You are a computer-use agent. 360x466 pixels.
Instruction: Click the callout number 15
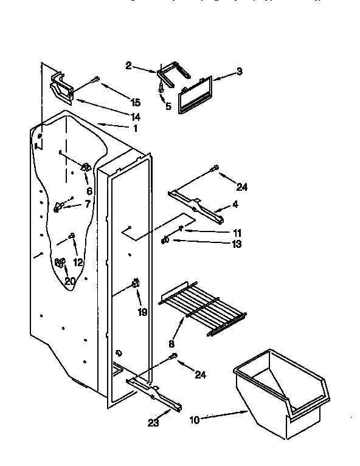tap(135, 103)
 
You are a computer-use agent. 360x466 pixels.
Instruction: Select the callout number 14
tap(135, 116)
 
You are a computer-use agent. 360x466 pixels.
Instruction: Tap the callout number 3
tap(240, 72)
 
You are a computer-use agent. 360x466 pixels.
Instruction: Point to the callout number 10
tap(195, 419)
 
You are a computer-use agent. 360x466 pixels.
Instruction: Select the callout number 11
tap(237, 233)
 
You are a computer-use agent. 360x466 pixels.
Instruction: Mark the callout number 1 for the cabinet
tap(135, 128)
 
